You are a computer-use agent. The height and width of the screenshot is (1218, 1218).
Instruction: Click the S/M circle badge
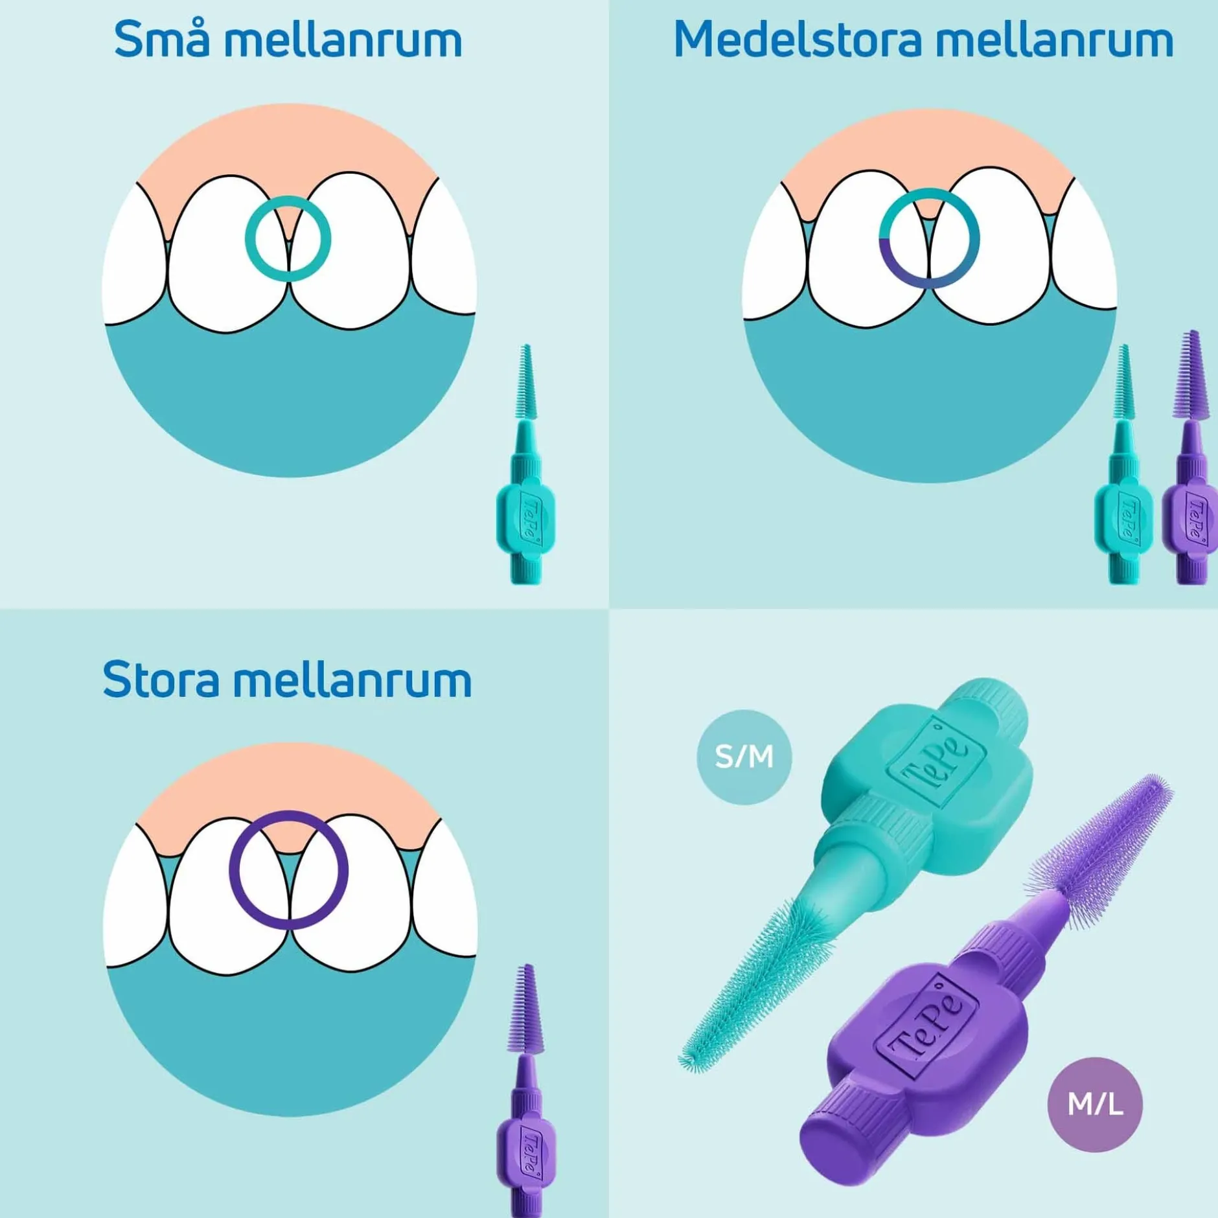click(x=744, y=757)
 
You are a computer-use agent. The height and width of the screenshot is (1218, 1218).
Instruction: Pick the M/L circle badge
click(x=1095, y=1104)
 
